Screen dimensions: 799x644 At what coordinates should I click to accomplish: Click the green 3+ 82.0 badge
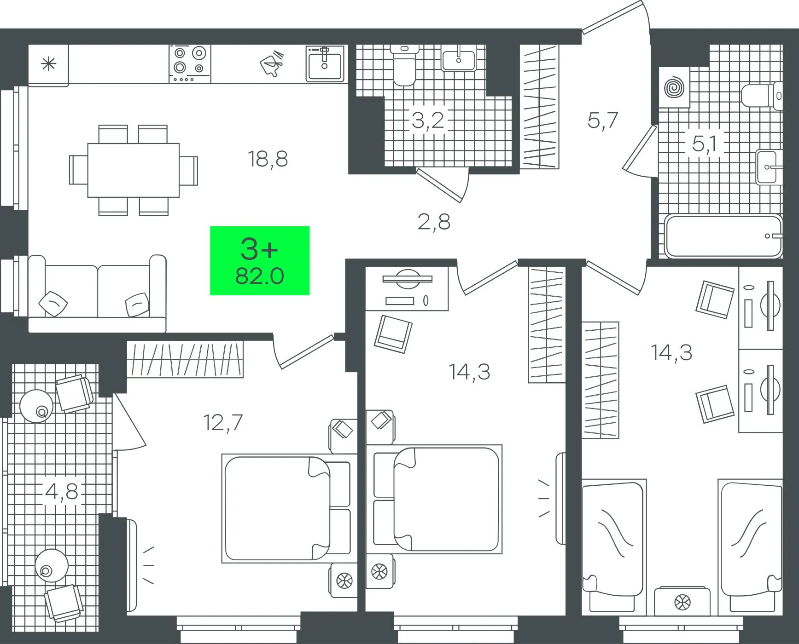(x=260, y=260)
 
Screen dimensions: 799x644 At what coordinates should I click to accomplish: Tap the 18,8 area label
(x=268, y=159)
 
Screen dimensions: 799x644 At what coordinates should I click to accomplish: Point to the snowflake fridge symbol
(x=48, y=64)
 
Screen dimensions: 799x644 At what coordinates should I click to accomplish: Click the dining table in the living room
(x=134, y=170)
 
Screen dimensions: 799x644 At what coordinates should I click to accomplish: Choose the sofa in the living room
(x=97, y=293)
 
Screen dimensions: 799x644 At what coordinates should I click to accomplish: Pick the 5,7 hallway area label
(x=602, y=121)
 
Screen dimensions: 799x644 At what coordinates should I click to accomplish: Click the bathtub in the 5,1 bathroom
(x=723, y=236)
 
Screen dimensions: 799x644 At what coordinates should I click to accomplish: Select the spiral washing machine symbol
(x=674, y=87)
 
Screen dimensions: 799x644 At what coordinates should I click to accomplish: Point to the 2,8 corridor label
(x=434, y=222)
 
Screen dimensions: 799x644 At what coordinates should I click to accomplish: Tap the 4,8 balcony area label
(x=62, y=491)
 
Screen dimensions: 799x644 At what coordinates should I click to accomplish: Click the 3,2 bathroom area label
(x=428, y=121)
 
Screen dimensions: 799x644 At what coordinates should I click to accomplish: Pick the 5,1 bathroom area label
(x=705, y=144)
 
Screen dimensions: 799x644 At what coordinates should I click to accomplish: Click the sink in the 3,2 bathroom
(x=459, y=59)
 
